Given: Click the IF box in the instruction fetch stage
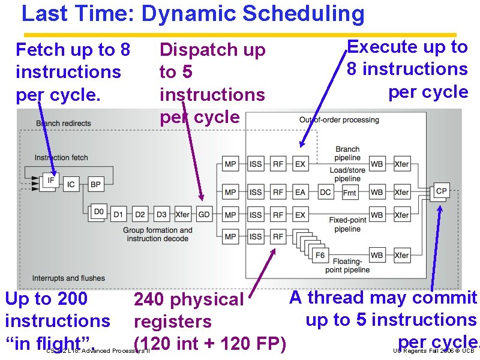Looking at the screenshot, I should point(50,180).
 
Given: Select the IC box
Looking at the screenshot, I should point(71,184).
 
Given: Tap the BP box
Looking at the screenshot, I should point(95,184).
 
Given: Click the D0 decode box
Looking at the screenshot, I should point(99,212).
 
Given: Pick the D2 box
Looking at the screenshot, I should point(140,214).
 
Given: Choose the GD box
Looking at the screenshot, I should point(205,214).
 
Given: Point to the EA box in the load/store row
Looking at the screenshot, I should point(300,193).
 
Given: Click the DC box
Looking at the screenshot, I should point(325,193).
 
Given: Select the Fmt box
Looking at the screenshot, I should point(350,193).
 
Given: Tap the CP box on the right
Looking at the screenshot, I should point(442,191).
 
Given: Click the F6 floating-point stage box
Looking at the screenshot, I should point(320,256).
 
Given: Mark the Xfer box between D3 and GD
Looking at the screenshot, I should point(182,214).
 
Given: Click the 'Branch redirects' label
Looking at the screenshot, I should point(64,124).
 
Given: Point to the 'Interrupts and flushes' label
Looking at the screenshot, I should point(68,278).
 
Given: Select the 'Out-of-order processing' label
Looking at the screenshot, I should point(339,120).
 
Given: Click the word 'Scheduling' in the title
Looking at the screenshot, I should point(299,13).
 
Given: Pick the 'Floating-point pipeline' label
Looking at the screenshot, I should point(348,266).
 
